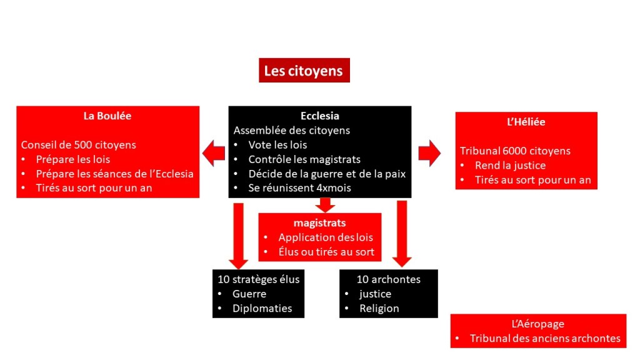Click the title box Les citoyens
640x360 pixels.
[x=304, y=71]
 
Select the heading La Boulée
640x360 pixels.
[x=107, y=116]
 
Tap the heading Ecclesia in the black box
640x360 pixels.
[x=319, y=116]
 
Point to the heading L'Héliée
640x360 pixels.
[x=526, y=122]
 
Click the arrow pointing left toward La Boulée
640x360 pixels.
[x=214, y=153]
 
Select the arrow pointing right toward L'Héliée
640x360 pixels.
[x=429, y=153]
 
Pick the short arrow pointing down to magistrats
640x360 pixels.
[x=325, y=204]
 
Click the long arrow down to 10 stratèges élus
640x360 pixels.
[x=238, y=234]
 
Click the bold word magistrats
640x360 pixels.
[x=319, y=222]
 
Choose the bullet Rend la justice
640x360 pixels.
[x=510, y=166]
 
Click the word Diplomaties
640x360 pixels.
[x=262, y=308]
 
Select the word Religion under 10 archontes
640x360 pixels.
[x=379, y=308]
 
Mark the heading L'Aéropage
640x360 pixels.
[x=537, y=324]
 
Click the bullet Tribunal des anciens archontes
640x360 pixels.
[x=544, y=338]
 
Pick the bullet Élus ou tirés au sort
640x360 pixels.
[x=326, y=252]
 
